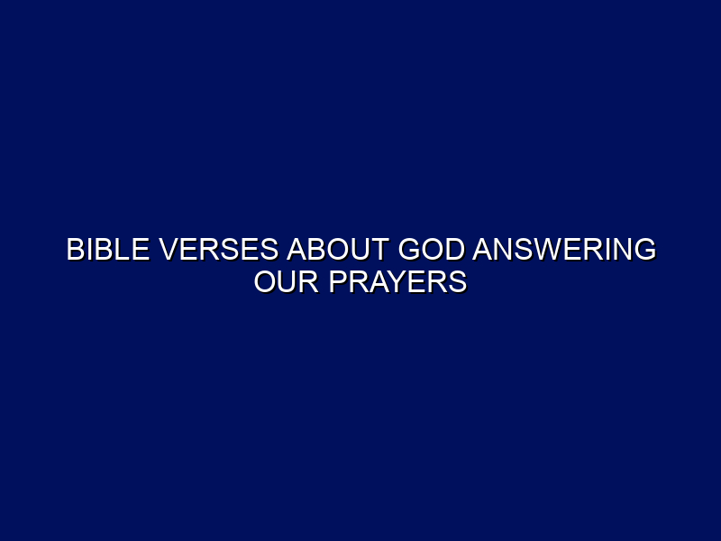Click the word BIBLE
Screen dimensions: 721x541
tap(108, 250)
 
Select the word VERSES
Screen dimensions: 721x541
tap(218, 250)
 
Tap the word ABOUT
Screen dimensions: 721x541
tap(338, 250)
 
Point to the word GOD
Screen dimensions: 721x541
tap(432, 250)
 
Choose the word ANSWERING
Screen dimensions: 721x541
tap(564, 250)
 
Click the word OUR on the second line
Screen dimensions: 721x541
tap(287, 281)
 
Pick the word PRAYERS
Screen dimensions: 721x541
tap(397, 281)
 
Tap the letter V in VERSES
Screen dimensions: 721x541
tap(169, 250)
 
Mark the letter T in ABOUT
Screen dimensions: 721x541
tap(379, 250)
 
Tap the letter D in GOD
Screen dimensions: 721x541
tap(455, 250)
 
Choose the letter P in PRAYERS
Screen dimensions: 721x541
tap(338, 281)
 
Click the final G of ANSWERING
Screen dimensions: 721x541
tap(645, 250)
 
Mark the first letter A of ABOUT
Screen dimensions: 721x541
tap(297, 250)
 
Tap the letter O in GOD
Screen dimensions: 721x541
tap(433, 250)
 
